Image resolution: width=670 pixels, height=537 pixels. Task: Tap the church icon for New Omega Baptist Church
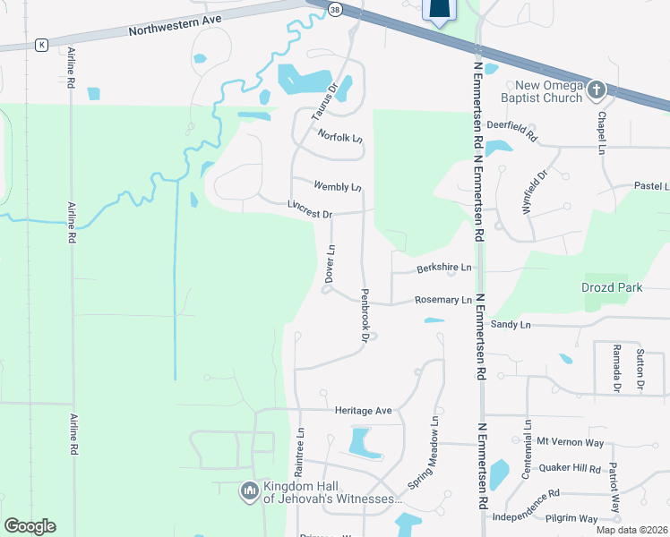(597, 89)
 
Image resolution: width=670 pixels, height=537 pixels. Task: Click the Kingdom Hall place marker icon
(250, 490)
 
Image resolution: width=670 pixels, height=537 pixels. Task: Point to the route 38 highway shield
(335, 9)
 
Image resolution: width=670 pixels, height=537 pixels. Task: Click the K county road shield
(41, 44)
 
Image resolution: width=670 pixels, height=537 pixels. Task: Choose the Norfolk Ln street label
(340, 136)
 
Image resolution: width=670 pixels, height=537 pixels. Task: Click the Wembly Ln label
(338, 186)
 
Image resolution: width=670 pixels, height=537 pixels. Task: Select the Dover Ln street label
(330, 266)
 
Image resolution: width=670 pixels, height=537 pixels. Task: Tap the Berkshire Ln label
(443, 268)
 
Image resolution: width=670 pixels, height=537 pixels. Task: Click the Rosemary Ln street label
(442, 300)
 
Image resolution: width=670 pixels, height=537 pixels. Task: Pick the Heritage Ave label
(364, 411)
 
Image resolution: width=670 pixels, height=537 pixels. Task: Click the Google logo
(30, 526)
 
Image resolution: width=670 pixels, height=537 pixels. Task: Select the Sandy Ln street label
(511, 324)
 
